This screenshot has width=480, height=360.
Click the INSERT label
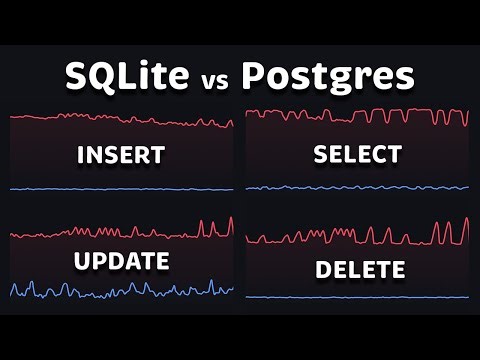(120, 156)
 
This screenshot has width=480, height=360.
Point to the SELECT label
(357, 155)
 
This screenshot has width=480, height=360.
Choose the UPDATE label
(120, 262)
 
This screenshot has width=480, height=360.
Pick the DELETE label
(360, 270)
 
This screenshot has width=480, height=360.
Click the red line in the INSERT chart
(120, 119)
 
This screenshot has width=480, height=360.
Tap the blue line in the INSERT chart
(120, 189)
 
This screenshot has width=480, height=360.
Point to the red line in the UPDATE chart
(120, 233)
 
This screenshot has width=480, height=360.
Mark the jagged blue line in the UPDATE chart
(120, 292)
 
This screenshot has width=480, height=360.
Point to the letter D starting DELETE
(323, 270)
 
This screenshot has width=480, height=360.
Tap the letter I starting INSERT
(79, 156)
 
